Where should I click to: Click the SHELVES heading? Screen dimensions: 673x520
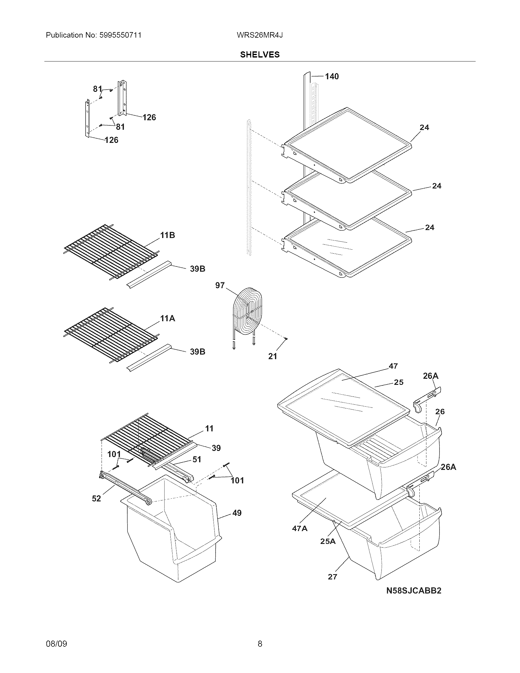pos(260,54)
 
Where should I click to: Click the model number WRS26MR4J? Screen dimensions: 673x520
pos(260,35)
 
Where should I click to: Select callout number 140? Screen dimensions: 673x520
pos(332,76)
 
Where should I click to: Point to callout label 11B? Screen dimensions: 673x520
pos(167,235)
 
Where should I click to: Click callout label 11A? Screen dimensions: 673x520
pos(167,318)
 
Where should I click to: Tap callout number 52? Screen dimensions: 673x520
pos(96,498)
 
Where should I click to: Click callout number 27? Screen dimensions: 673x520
pos(332,577)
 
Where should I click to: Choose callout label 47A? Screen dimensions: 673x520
pos(299,528)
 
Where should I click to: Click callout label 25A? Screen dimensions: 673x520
pos(328,541)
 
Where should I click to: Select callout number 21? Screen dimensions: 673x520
pos(273,356)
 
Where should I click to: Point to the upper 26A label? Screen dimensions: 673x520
pos(430,376)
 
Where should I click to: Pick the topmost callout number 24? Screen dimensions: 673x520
pos(424,127)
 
